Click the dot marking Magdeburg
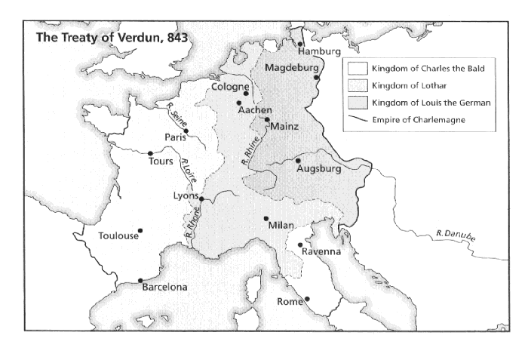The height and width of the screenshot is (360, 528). (x=318, y=78)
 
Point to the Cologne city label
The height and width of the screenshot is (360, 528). (x=230, y=86)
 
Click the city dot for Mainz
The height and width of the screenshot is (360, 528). (x=267, y=119)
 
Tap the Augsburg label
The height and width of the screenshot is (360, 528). (x=320, y=169)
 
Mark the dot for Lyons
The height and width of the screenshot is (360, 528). (x=201, y=199)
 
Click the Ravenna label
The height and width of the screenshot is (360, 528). (x=322, y=251)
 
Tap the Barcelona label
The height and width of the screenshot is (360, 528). (x=165, y=288)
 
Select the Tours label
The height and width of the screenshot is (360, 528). (x=161, y=162)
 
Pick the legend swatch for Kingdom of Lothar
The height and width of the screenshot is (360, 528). (x=359, y=85)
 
